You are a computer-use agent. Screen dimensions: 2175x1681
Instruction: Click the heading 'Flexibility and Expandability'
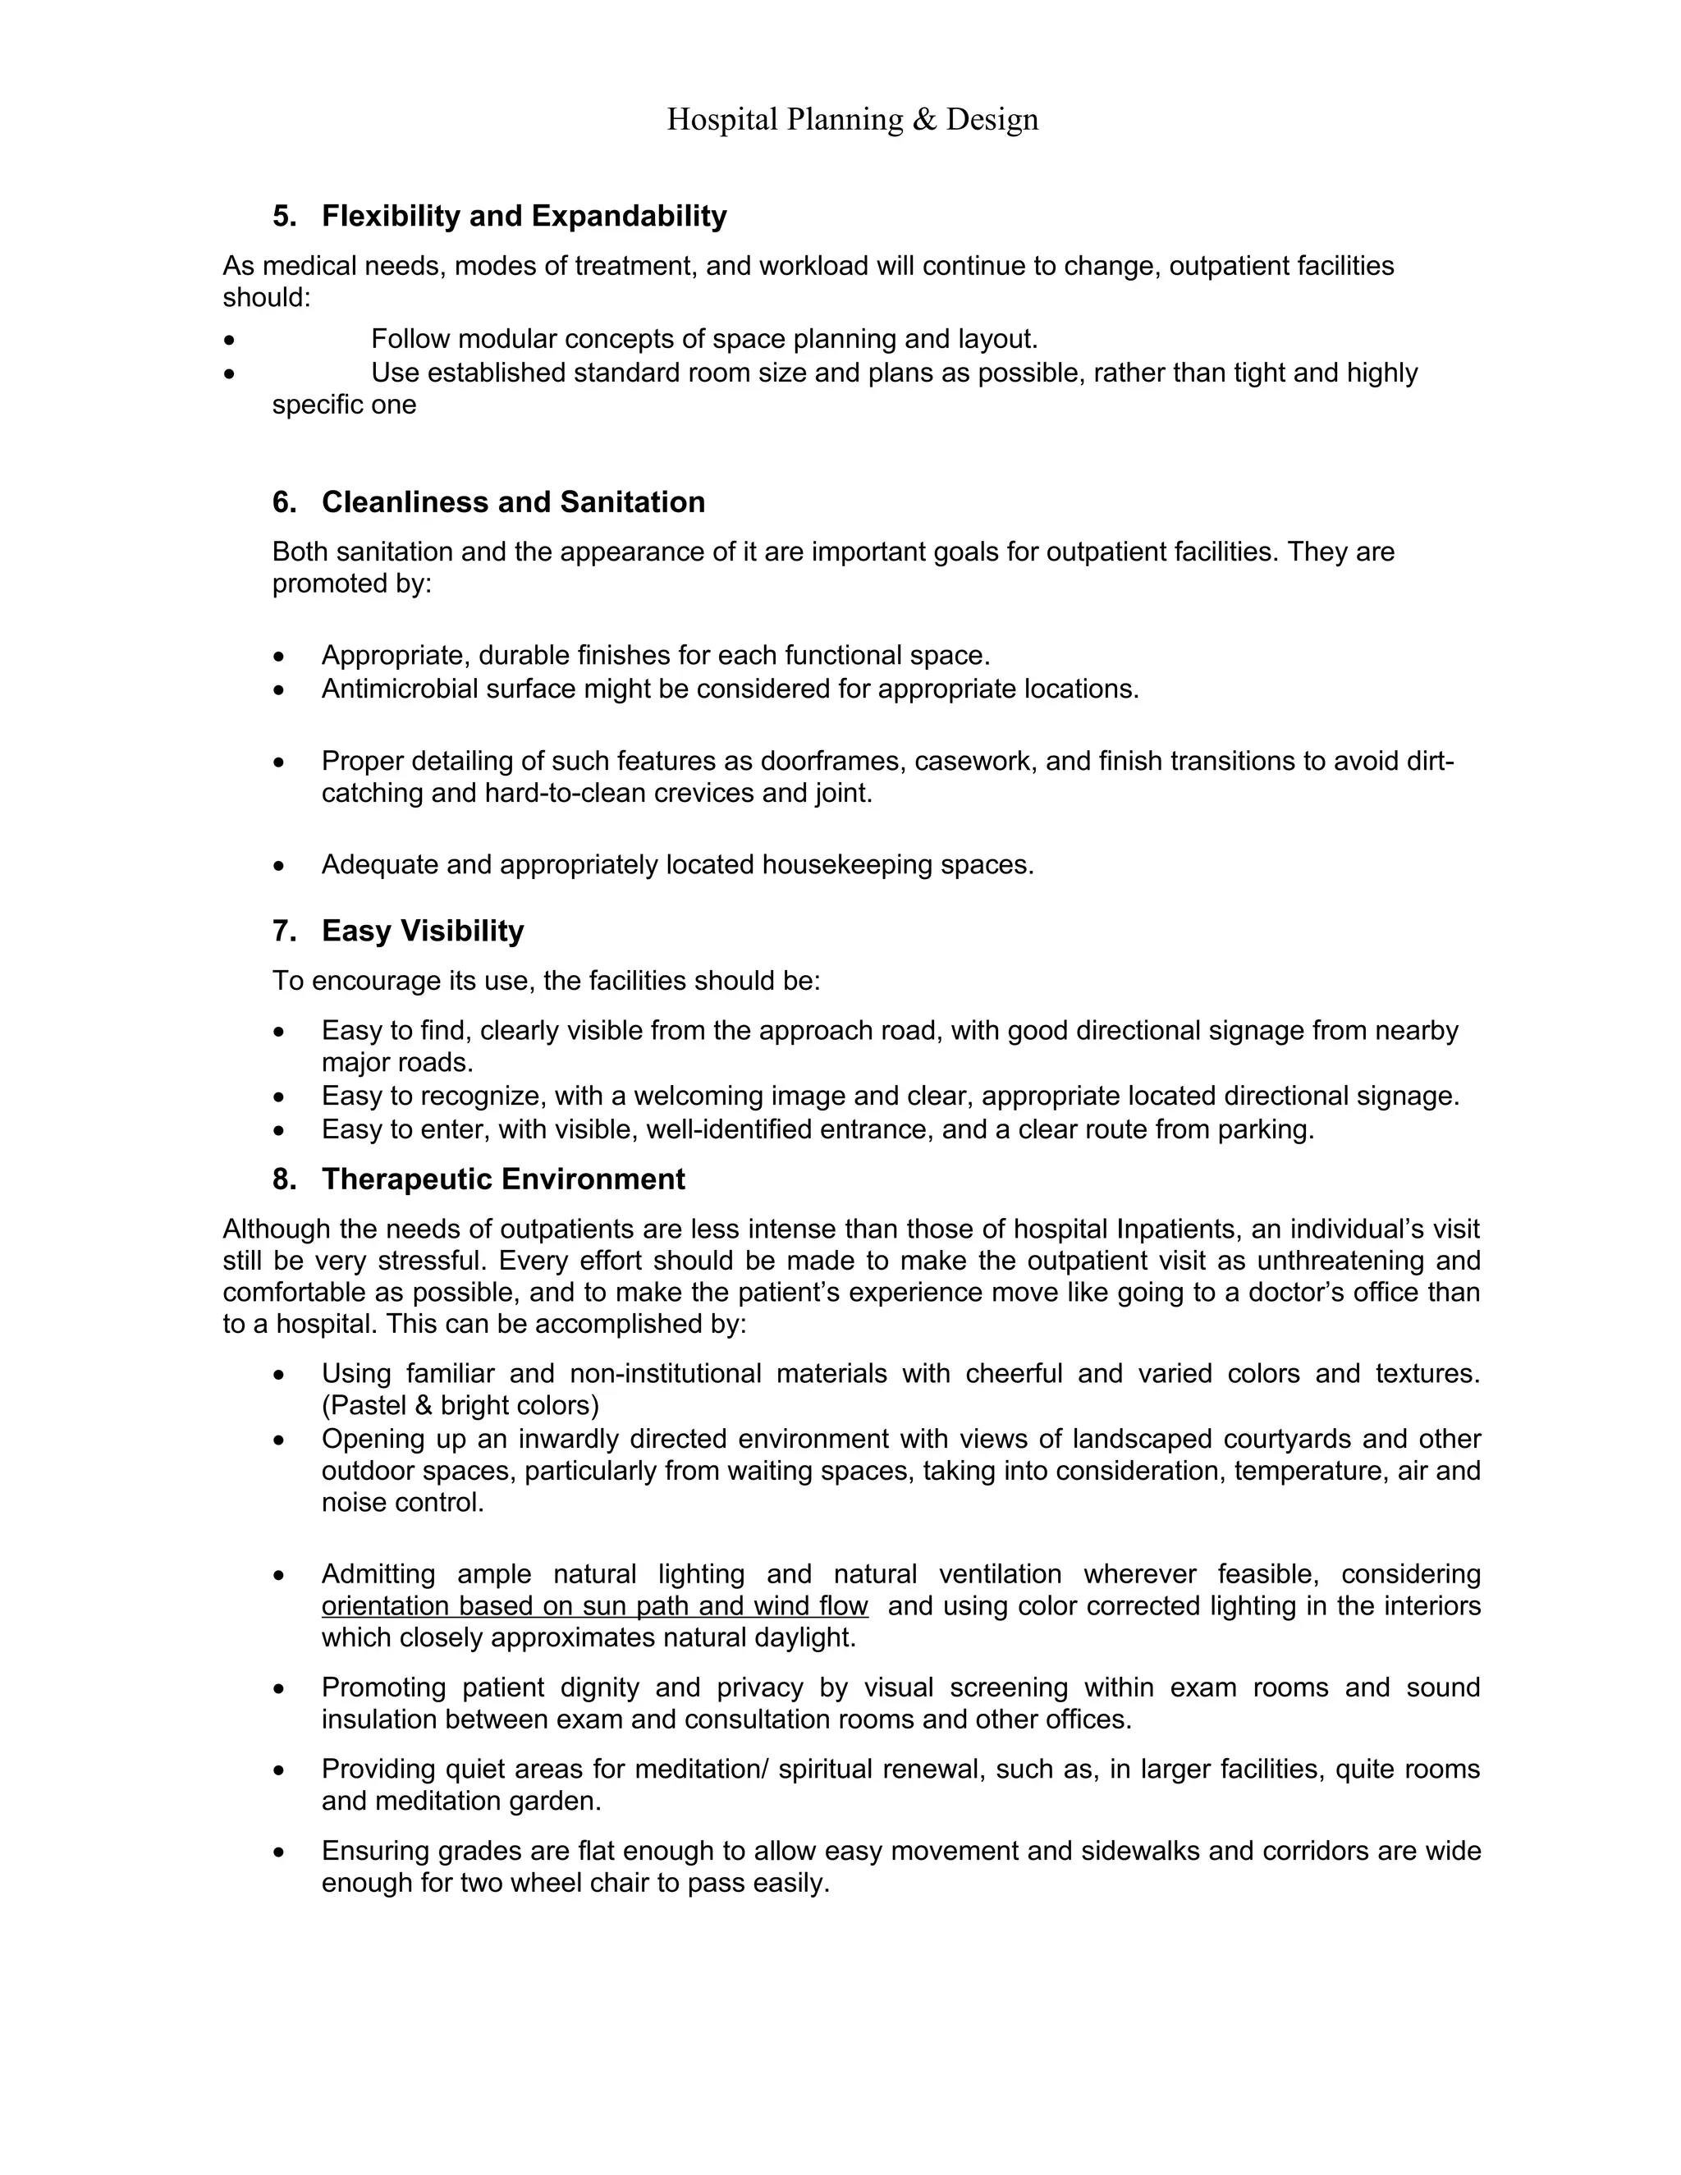click(x=524, y=216)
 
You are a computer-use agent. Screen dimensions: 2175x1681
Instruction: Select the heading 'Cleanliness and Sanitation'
click(x=513, y=502)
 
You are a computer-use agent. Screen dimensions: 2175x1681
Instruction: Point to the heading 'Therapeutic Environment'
click(x=503, y=1179)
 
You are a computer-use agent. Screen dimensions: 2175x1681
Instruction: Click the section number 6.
click(x=284, y=502)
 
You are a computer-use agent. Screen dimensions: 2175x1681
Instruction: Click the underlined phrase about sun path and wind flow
click(x=594, y=1605)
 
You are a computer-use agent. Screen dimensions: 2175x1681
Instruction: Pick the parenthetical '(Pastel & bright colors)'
click(x=460, y=1405)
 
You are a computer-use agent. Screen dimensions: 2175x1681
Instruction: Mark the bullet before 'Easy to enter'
click(x=279, y=1131)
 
